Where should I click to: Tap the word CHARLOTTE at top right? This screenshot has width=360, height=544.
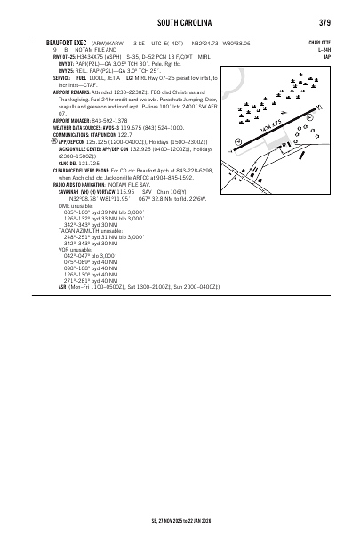(319, 42)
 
